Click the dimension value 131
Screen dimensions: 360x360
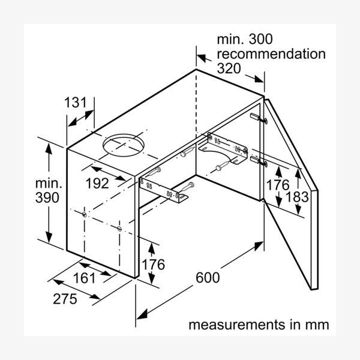[x=76, y=103]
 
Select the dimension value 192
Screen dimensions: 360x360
[x=97, y=183]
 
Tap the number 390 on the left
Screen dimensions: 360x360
[x=47, y=198]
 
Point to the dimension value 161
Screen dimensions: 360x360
[x=85, y=278]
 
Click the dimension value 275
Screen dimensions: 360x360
[x=65, y=299]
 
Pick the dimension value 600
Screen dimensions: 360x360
[x=208, y=278]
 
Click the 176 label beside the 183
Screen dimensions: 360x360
[x=277, y=185]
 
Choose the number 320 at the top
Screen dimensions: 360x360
[x=229, y=68]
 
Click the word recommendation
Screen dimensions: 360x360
[x=271, y=54]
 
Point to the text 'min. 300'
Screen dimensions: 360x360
[x=244, y=40]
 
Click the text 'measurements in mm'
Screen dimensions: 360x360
[x=259, y=325]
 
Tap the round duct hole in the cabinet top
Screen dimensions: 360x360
[x=124, y=146]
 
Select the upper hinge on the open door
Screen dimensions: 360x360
[x=256, y=118]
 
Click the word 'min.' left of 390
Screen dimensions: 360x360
[x=47, y=182]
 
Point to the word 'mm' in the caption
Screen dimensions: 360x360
[x=316, y=325]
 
